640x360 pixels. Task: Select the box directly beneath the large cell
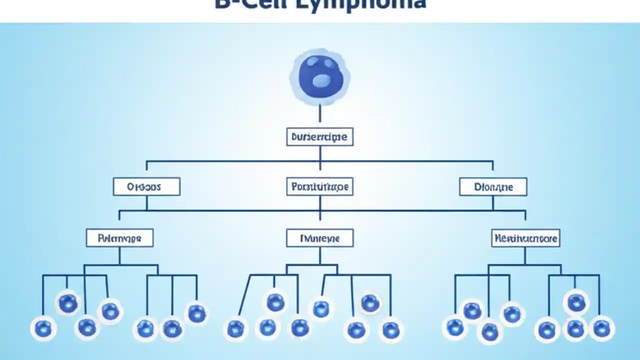(320, 136)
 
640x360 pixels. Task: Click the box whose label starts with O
(146, 187)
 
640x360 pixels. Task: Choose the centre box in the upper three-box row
(320, 187)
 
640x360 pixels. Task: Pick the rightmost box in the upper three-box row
(493, 187)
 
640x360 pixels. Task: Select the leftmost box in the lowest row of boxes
(119, 238)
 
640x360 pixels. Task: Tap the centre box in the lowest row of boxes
(320, 238)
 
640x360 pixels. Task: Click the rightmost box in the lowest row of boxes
(525, 238)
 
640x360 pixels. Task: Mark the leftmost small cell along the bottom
(43, 328)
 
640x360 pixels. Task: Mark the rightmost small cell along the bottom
(601, 328)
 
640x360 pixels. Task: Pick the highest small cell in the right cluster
(576, 302)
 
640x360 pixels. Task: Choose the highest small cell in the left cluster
(68, 303)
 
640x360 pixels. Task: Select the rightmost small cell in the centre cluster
(390, 329)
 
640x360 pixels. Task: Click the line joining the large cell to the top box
(320, 113)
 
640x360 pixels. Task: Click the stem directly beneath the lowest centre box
(320, 255)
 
